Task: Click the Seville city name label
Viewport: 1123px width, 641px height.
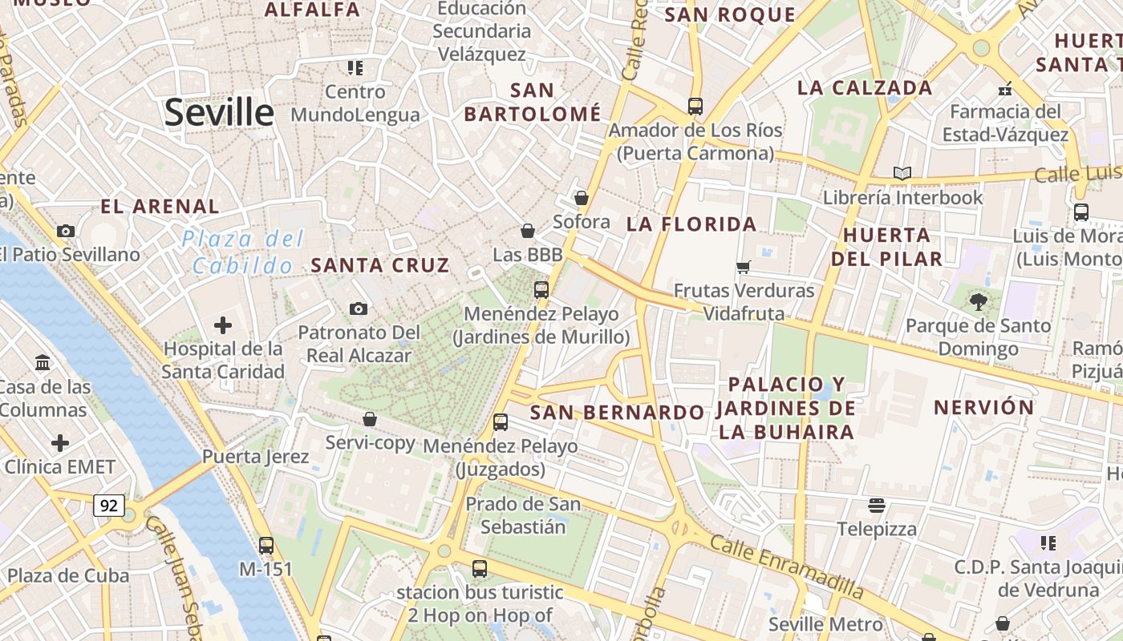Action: click(219, 113)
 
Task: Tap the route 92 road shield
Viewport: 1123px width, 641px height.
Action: click(109, 506)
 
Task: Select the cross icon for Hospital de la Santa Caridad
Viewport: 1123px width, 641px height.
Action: click(223, 325)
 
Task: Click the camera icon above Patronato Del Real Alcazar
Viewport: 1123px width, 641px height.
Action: click(359, 308)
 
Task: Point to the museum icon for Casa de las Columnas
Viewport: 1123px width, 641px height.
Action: click(43, 363)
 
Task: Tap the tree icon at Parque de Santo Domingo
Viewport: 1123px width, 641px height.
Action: click(978, 302)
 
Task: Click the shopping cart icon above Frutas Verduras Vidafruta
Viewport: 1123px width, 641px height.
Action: click(744, 267)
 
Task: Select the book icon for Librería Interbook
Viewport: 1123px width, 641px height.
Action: click(902, 173)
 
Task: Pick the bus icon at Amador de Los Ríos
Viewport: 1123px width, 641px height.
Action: click(695, 106)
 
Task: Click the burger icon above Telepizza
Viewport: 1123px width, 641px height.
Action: click(876, 506)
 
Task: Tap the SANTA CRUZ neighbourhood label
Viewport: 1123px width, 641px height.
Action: click(379, 265)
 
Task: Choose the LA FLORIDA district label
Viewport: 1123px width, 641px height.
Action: click(691, 224)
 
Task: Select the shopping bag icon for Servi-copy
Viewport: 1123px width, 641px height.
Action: click(370, 419)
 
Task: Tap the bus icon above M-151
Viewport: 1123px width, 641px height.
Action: click(266, 546)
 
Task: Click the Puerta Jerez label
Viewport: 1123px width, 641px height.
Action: click(255, 457)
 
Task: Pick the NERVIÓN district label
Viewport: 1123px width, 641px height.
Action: click(984, 407)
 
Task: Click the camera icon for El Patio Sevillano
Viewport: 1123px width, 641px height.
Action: click(66, 232)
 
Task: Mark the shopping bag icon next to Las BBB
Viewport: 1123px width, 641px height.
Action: click(528, 232)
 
